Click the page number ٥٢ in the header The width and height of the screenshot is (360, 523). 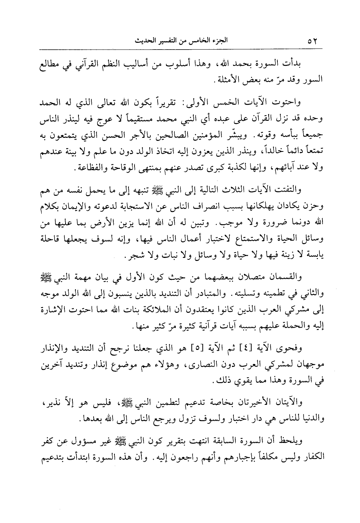314,41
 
